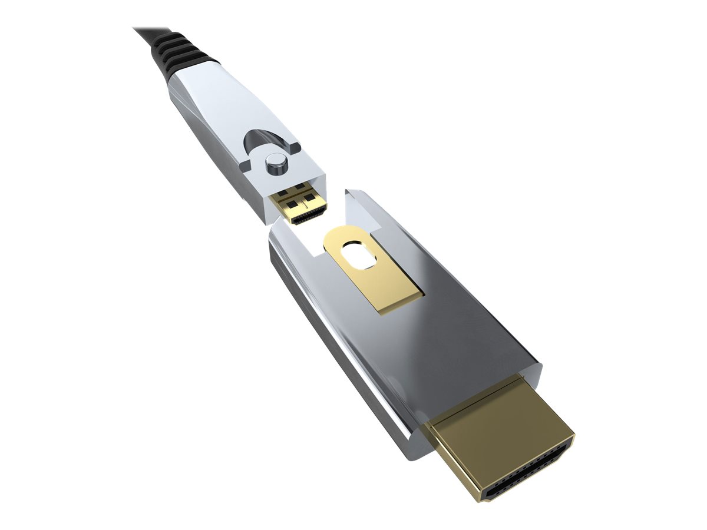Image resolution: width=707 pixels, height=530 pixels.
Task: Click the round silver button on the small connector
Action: pos(275,164)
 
